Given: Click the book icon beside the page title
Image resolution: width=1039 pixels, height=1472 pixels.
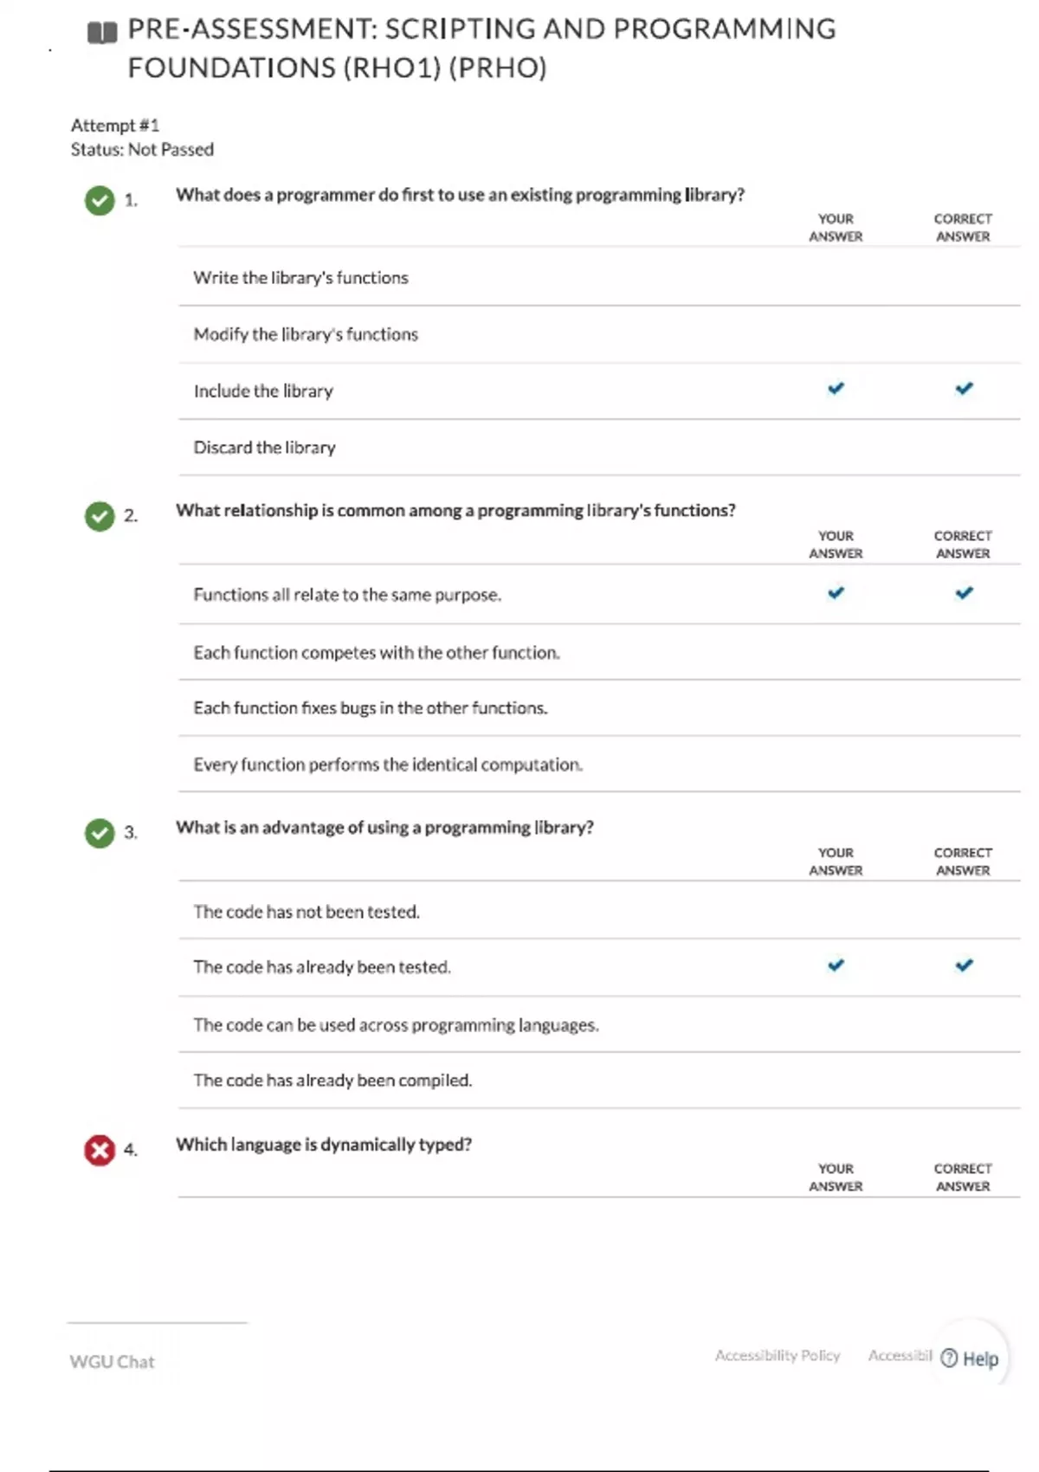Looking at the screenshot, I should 102,33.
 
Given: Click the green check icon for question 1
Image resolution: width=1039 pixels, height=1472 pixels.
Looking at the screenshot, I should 100,200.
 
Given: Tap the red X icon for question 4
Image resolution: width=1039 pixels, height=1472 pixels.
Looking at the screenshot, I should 100,1151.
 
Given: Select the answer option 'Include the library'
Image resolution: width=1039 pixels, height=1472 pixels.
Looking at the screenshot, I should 263,391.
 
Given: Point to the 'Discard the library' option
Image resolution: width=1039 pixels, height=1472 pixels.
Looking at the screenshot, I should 264,448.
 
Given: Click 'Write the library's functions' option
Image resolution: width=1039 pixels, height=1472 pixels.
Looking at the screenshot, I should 300,278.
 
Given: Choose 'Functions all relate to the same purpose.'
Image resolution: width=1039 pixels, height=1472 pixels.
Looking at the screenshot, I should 347,595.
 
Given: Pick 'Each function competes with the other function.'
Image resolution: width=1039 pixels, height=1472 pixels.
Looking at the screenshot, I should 377,652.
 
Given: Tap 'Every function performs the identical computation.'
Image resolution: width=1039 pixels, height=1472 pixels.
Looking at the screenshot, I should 388,765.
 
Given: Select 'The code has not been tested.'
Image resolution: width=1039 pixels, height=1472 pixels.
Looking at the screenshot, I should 307,912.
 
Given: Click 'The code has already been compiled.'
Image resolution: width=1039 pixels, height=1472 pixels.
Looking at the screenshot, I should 332,1081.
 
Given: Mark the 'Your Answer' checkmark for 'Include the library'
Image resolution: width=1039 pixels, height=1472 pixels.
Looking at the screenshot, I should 836,389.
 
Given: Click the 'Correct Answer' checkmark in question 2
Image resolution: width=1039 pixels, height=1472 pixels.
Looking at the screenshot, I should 964,593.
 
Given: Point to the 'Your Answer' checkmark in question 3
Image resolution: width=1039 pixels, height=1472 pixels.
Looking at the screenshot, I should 836,965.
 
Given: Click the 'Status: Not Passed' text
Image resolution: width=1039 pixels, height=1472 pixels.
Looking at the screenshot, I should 142,150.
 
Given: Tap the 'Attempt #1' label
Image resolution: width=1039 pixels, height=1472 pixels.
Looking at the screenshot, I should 115,126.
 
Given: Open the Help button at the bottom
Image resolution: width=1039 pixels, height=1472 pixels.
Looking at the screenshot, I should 971,1359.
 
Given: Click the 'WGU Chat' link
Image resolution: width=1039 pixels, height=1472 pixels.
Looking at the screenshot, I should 112,1362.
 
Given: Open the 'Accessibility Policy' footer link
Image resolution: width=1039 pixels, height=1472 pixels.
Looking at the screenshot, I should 777,1356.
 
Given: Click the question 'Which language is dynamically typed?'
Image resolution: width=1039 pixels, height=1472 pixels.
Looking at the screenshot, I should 324,1145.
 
